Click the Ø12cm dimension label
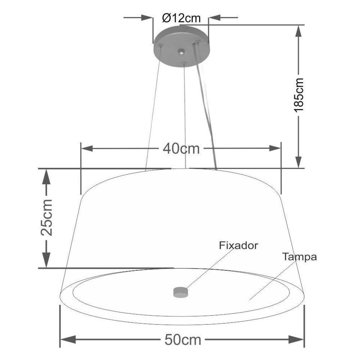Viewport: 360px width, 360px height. (x=181, y=18)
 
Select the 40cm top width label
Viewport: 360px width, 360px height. (x=181, y=148)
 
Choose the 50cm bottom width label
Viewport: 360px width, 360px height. (x=183, y=339)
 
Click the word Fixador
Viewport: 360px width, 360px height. (x=238, y=246)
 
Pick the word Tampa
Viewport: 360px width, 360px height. (x=299, y=257)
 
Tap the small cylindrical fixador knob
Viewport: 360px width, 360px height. (x=181, y=292)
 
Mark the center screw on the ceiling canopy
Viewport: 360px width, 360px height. (x=181, y=53)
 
